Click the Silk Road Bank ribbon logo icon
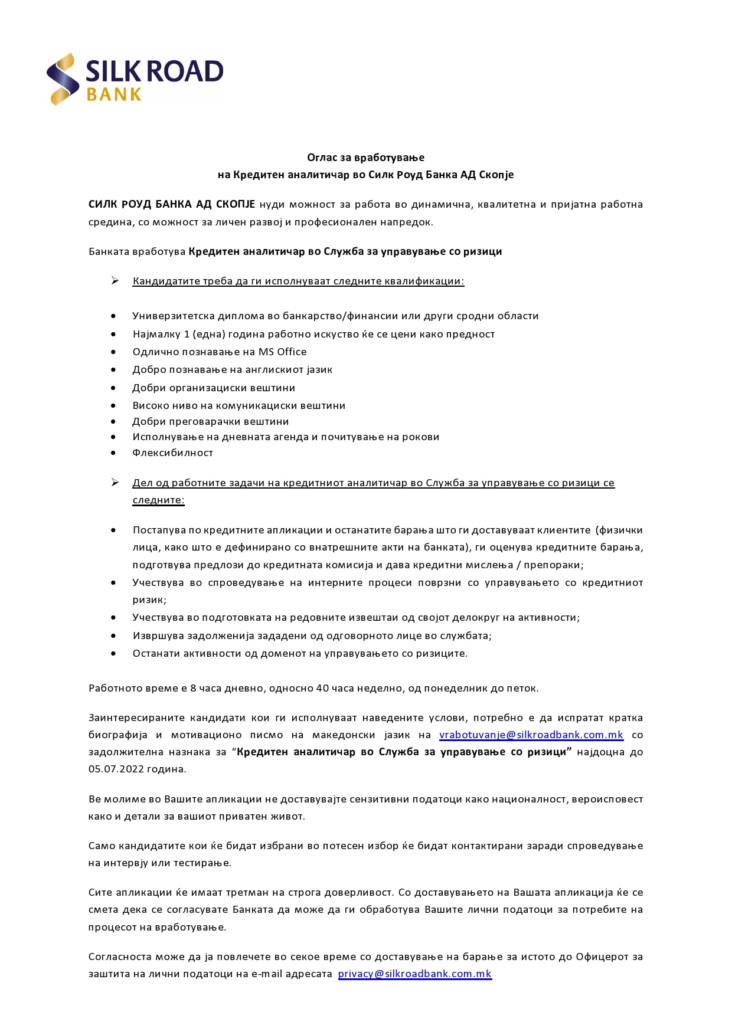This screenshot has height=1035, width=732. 63,79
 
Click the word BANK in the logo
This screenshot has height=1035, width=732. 114,95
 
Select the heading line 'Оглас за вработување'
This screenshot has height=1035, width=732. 365,158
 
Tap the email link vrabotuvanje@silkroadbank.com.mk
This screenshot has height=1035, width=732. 531,735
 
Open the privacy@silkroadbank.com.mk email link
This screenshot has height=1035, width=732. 414,974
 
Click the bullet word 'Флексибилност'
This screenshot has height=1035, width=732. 172,453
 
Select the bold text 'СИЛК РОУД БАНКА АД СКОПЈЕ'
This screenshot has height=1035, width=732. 172,205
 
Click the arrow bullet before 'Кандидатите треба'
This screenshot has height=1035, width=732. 115,281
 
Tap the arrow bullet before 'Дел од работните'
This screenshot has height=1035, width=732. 115,483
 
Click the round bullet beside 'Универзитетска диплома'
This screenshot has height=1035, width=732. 113,316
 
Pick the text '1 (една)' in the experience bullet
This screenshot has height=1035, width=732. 204,335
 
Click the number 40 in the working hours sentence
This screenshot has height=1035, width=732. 322,689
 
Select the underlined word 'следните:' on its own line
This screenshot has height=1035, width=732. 158,500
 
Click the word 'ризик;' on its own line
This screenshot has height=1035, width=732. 149,600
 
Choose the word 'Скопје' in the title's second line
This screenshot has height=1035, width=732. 496,175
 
